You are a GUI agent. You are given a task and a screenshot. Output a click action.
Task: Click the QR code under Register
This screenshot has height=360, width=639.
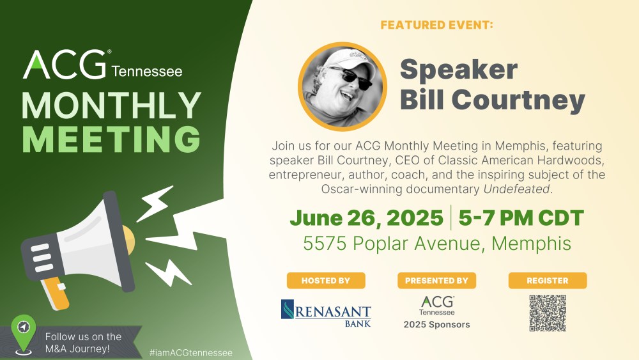pyautogui.click(x=548, y=313)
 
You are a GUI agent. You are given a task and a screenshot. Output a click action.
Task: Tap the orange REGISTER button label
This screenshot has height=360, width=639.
pyautogui.click(x=548, y=281)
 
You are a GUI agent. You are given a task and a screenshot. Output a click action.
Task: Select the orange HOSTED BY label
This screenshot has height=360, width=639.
pyautogui.click(x=326, y=281)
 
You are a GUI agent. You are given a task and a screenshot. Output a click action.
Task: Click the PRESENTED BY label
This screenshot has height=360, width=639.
pyautogui.click(x=436, y=281)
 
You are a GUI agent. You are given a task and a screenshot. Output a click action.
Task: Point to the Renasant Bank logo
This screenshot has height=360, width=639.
pyautogui.click(x=326, y=313)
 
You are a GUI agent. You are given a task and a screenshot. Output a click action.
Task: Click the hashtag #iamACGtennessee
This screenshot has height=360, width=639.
pyautogui.click(x=190, y=352)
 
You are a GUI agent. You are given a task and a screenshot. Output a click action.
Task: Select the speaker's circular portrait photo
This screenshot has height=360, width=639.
pyautogui.click(x=343, y=86)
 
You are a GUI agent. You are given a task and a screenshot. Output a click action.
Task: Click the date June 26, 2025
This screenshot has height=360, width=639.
pyautogui.click(x=366, y=218)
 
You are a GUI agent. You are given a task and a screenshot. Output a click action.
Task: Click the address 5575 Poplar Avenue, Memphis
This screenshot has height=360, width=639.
pyautogui.click(x=436, y=244)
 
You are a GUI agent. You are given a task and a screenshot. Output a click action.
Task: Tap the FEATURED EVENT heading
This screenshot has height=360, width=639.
pyautogui.click(x=436, y=26)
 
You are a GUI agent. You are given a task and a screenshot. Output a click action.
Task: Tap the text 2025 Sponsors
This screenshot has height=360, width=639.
pyautogui.click(x=436, y=325)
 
